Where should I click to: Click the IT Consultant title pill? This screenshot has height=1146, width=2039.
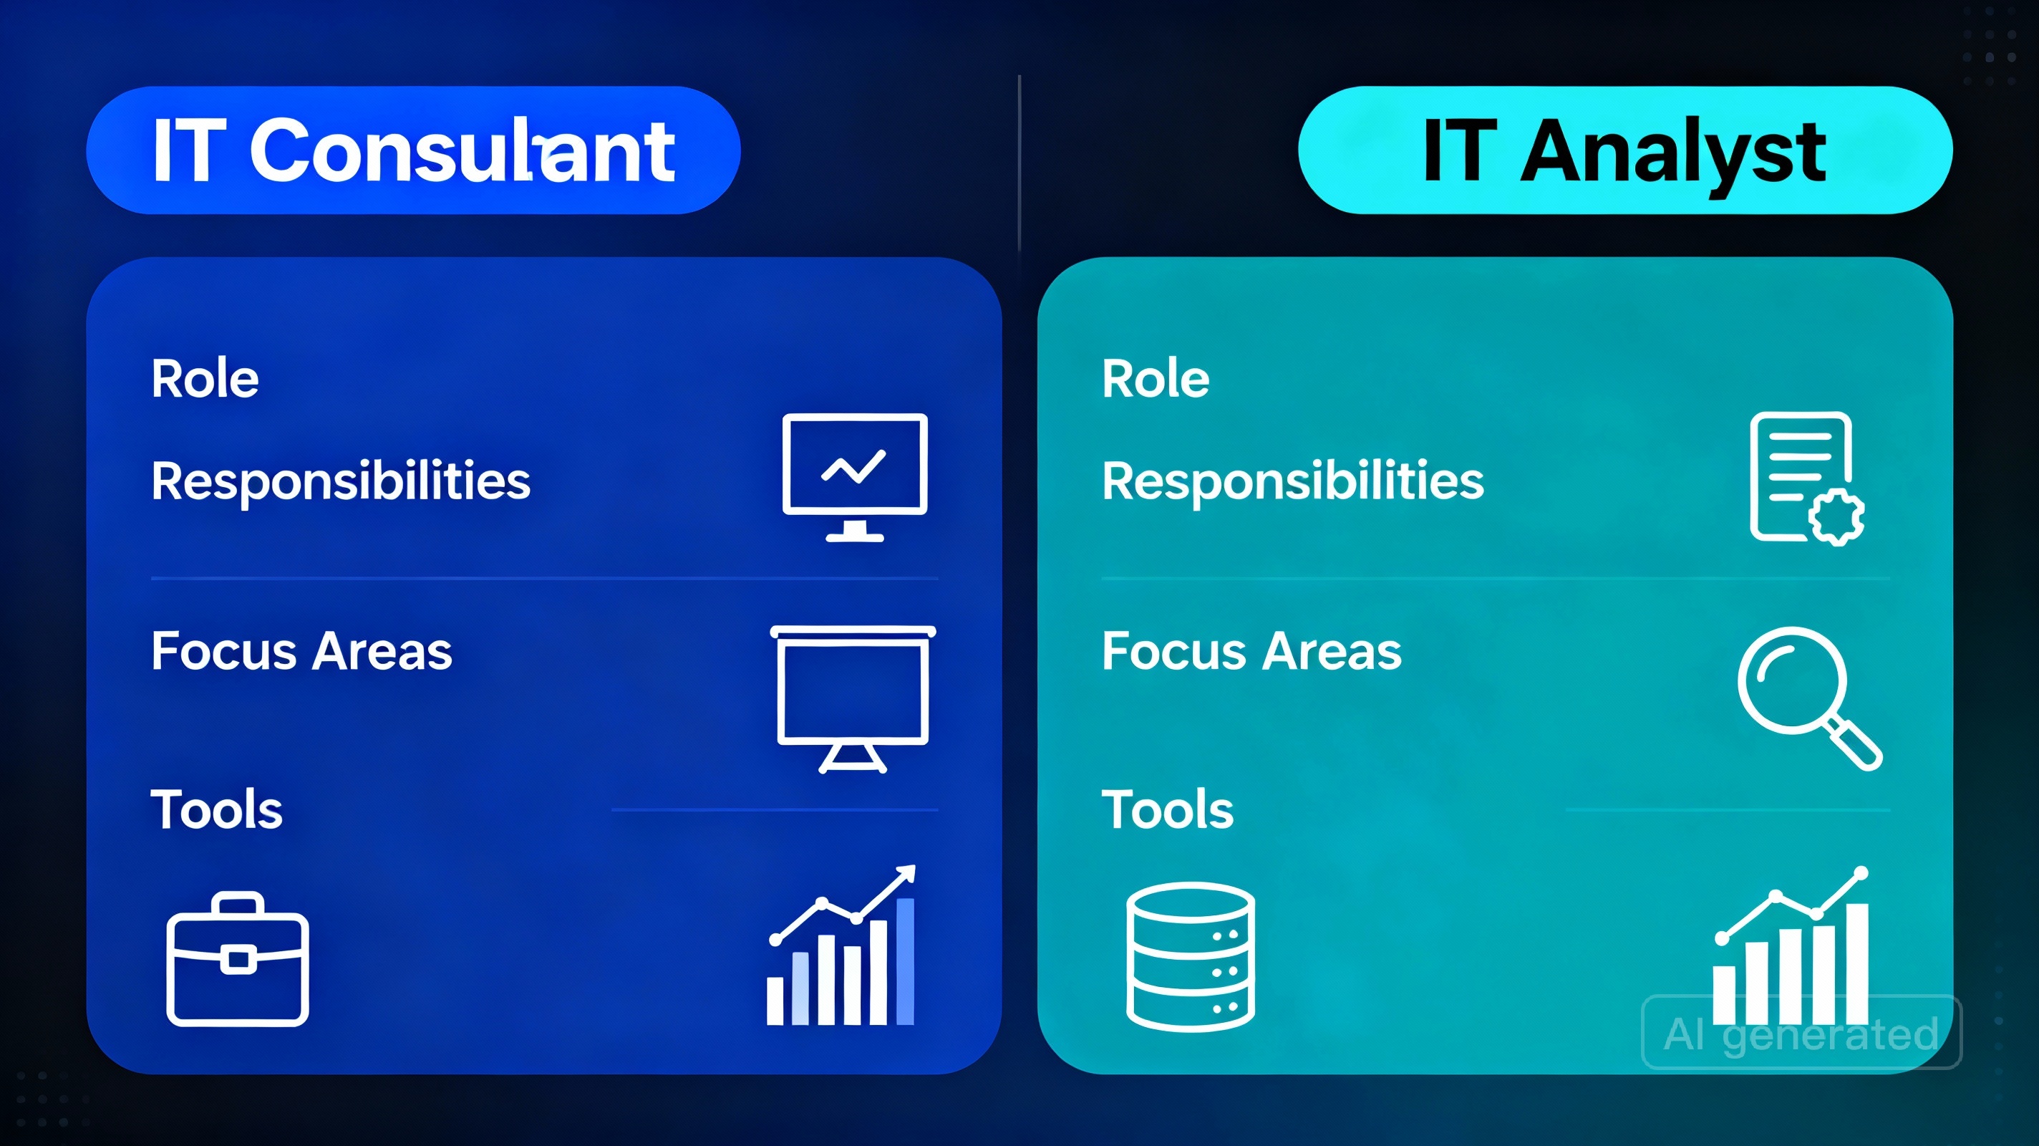(x=412, y=150)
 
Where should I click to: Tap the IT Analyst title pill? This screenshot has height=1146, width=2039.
(x=1624, y=150)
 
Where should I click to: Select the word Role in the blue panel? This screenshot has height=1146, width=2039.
(x=205, y=379)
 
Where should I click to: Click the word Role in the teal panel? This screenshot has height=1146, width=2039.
(x=1156, y=379)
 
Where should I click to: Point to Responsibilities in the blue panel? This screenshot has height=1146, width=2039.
(x=340, y=481)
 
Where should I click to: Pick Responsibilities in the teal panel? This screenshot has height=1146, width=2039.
(x=1292, y=481)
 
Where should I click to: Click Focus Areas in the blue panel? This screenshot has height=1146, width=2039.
(x=301, y=651)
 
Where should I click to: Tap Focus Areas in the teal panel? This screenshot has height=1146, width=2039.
(x=1251, y=651)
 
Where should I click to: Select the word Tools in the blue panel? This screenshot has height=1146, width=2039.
(x=216, y=809)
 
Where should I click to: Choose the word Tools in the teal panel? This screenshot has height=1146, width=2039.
(x=1168, y=809)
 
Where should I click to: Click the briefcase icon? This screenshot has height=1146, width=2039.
(x=238, y=960)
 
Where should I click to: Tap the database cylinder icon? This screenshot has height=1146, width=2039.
(x=1190, y=956)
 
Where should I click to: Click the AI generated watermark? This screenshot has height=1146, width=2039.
(x=1801, y=1033)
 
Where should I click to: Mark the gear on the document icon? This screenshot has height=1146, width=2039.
(x=1836, y=516)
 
